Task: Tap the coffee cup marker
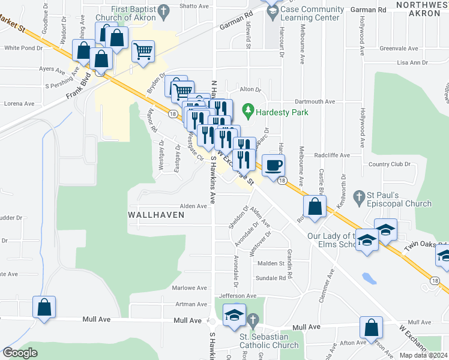click(273, 165)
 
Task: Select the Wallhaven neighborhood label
click(155, 214)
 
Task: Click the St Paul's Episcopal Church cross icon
click(358, 196)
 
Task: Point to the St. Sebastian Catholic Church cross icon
click(253, 321)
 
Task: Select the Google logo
click(20, 353)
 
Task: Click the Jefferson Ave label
click(237, 296)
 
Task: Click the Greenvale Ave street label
click(399, 48)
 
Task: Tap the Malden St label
click(271, 263)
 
